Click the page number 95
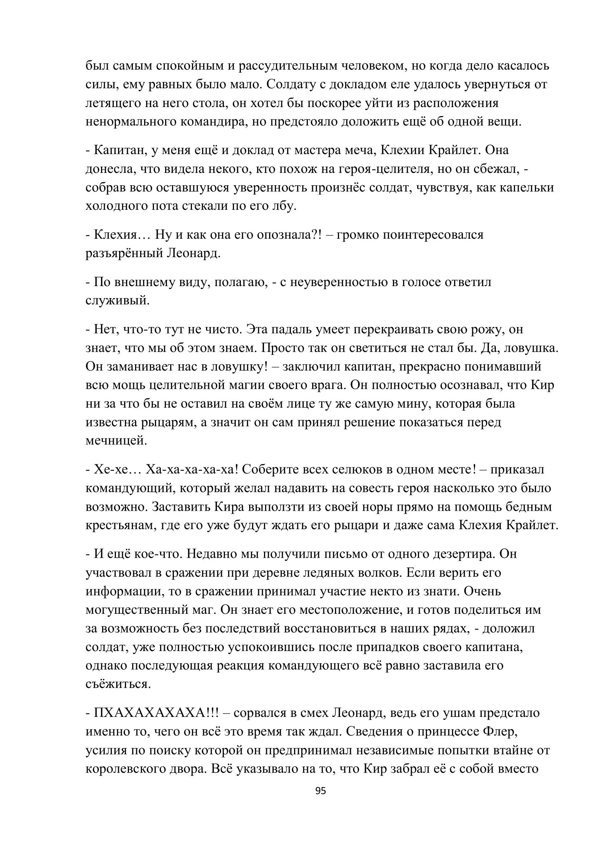321,791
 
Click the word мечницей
116,441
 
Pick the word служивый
118,301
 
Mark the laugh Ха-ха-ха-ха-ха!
192,469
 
